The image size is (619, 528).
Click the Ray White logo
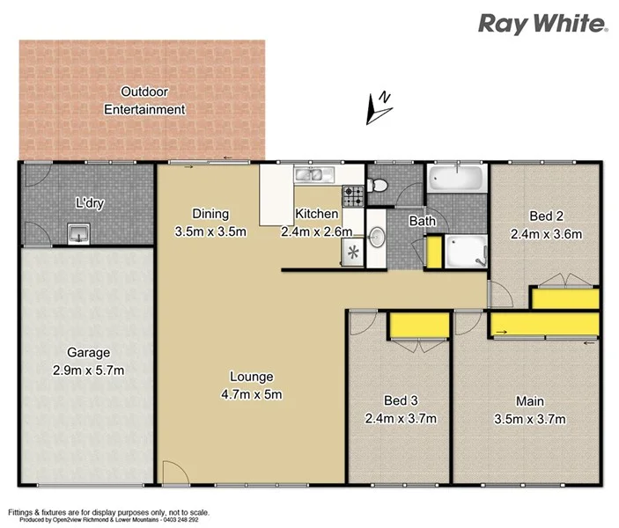542,24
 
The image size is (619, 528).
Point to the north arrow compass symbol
380,106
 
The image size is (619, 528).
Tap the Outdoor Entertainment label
144,100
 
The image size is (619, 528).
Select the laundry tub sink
79,232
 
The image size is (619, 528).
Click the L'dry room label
90,203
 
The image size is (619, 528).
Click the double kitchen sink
315,174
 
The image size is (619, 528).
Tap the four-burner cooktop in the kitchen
353,196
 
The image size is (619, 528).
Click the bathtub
455,180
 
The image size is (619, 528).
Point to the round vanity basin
377,237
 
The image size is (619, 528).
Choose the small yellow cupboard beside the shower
433,252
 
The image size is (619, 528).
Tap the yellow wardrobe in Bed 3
418,326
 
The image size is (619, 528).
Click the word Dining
210,214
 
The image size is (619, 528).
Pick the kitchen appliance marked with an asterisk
354,253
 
